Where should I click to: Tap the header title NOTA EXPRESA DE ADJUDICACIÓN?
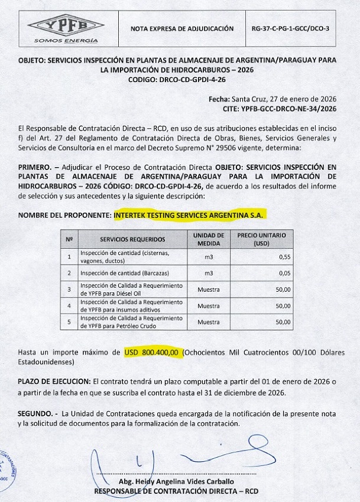(182, 28)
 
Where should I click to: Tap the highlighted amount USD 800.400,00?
(151, 352)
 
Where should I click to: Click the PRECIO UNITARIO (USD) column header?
(261, 239)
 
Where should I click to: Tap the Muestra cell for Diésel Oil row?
(208, 290)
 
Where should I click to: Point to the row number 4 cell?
(69, 306)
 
